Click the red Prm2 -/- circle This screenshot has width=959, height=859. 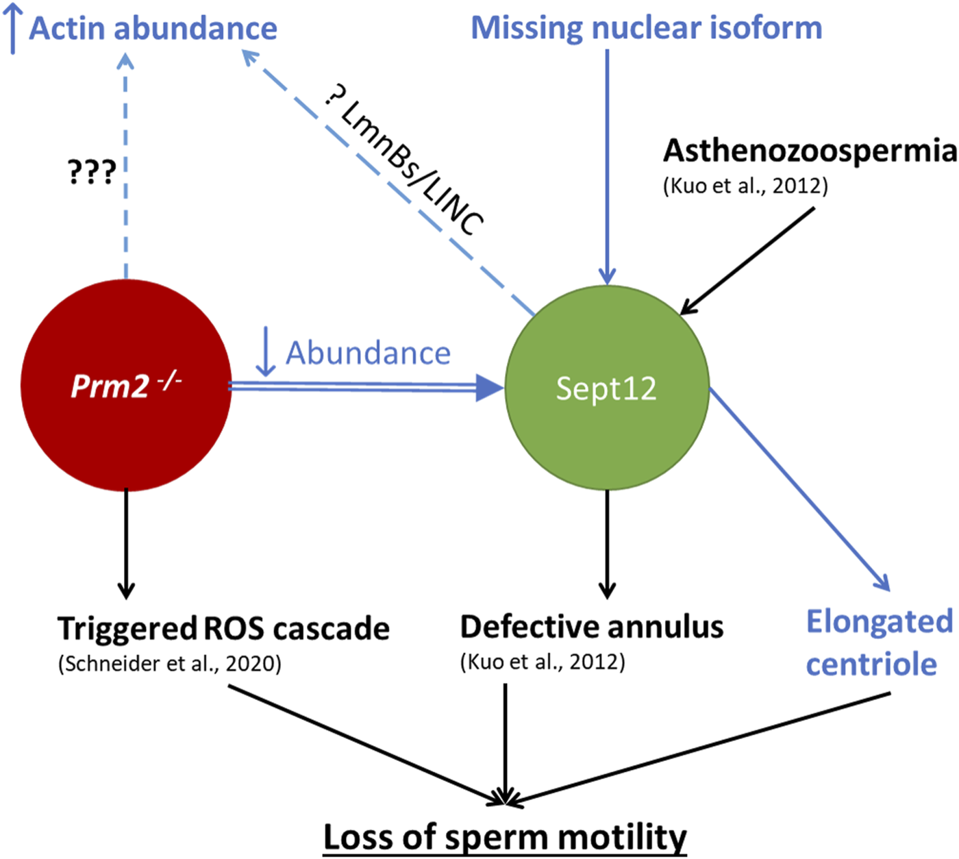(126, 386)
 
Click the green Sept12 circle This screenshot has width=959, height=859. (606, 388)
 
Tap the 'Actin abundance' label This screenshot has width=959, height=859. (153, 29)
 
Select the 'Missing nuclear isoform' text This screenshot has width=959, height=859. (646, 28)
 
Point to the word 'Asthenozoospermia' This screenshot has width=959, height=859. (809, 151)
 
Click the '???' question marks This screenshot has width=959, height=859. (92, 173)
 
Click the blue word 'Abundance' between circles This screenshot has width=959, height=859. (368, 353)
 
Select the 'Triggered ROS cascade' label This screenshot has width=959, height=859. (223, 628)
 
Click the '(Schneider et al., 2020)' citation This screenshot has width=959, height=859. (170, 664)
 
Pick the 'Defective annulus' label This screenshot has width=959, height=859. (591, 627)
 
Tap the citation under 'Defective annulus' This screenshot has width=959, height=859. (543, 662)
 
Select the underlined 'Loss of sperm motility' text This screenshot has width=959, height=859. (505, 837)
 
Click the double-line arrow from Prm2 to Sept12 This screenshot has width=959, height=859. (363, 388)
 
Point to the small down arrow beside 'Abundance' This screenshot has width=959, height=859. (265, 351)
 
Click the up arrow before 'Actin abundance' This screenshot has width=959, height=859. (13, 29)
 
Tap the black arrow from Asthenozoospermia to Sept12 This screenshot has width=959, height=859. (748, 260)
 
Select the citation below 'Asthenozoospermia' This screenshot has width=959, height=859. (745, 186)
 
